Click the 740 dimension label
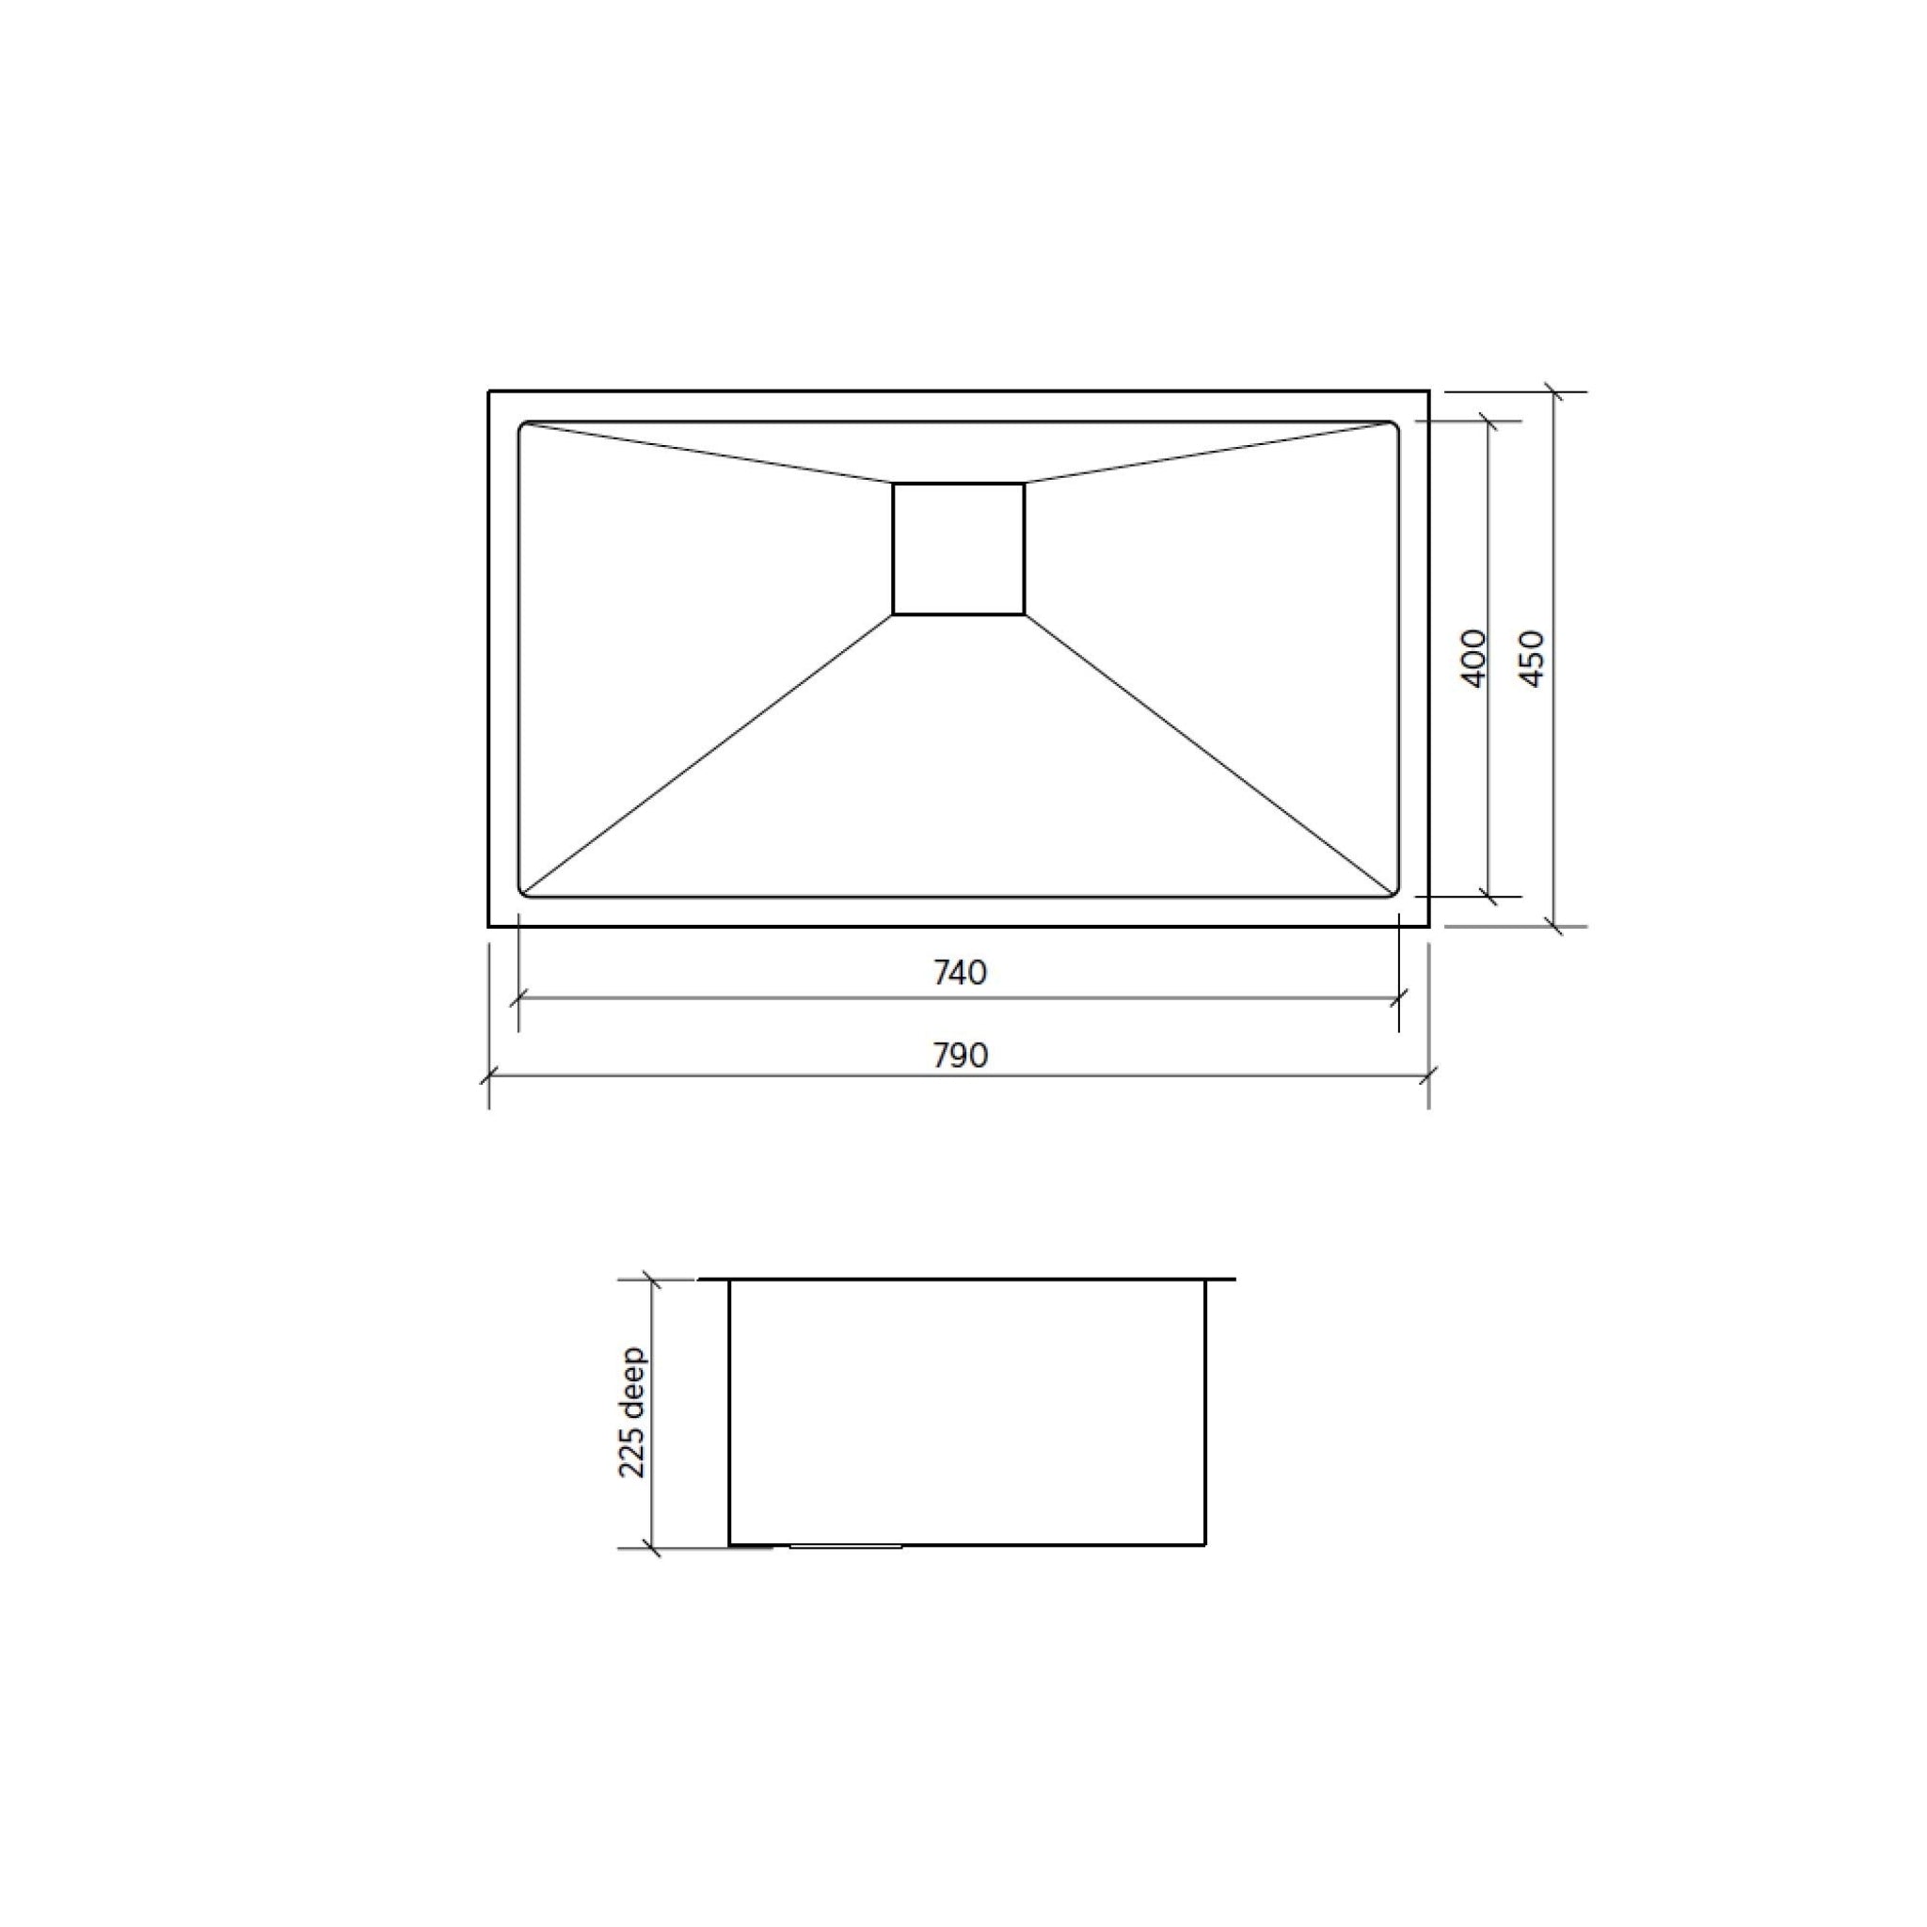pyautogui.click(x=960, y=973)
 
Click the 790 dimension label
pyautogui.click(x=960, y=1056)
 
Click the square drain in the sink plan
pyautogui.click(x=958, y=549)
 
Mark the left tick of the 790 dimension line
pyautogui.click(x=488, y=1076)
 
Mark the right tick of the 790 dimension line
pyautogui.click(x=1428, y=1076)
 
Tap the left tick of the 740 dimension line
pyautogui.click(x=518, y=996)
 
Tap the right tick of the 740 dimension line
pyautogui.click(x=1398, y=996)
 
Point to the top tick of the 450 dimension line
pyautogui.click(x=1552, y=392)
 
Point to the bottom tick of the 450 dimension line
pyautogui.click(x=1552, y=927)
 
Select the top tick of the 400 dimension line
pyautogui.click(x=1489, y=421)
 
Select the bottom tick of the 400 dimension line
pyautogui.click(x=1489, y=897)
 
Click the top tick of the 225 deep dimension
pyautogui.click(x=651, y=1279)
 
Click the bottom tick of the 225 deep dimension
pyautogui.click(x=651, y=1548)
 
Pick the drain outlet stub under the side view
pyautogui.click(x=846, y=1547)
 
